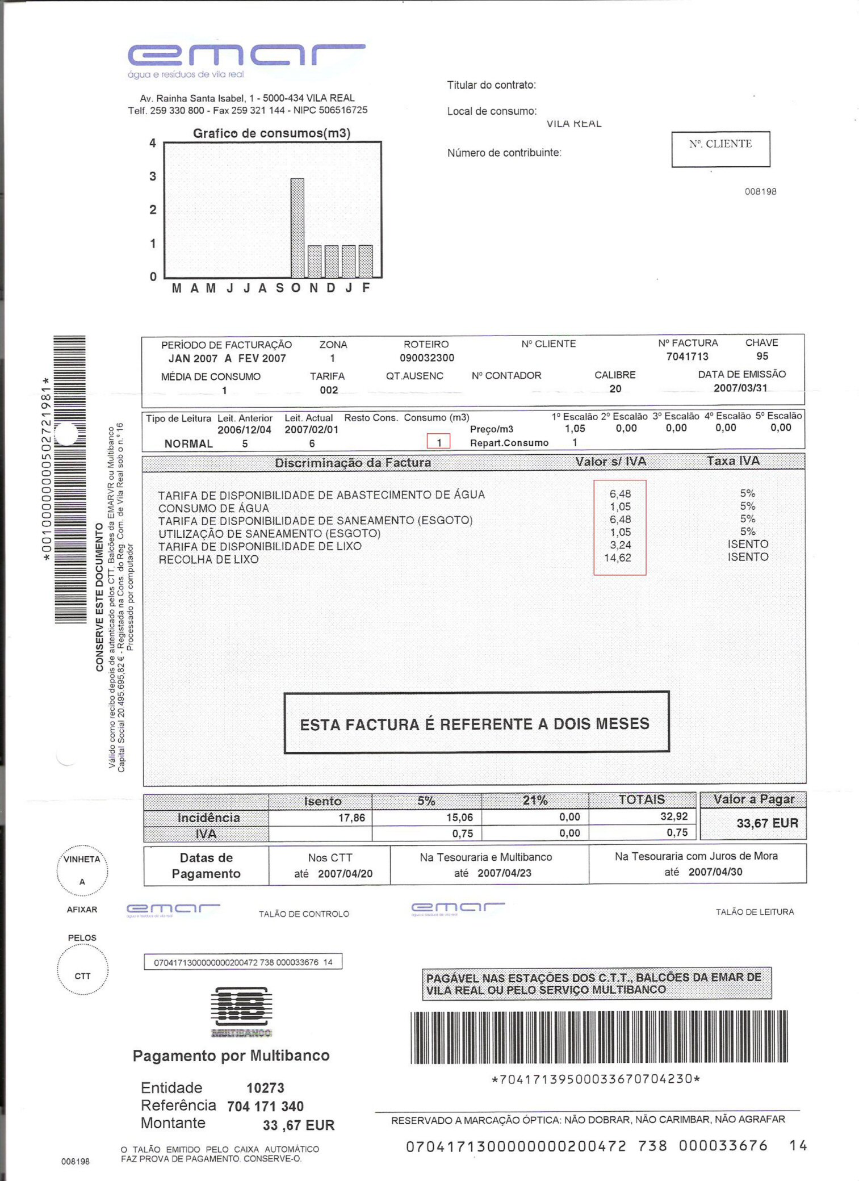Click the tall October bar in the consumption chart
297,228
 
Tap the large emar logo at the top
246,55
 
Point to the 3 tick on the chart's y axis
153,177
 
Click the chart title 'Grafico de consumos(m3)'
271,133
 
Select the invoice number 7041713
687,357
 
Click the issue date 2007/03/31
740,388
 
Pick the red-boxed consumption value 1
438,442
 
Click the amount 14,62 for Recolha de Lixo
618,558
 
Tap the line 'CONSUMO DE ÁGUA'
213,508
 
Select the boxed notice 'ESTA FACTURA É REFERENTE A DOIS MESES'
476,723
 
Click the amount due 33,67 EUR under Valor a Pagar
767,823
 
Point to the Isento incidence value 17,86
351,818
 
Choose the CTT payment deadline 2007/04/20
345,874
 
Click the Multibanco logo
241,1011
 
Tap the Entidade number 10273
265,1088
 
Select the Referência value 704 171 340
265,1106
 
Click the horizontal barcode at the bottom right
598,1037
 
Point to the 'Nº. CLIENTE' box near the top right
720,149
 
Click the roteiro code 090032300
427,358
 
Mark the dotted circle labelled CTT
82,975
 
